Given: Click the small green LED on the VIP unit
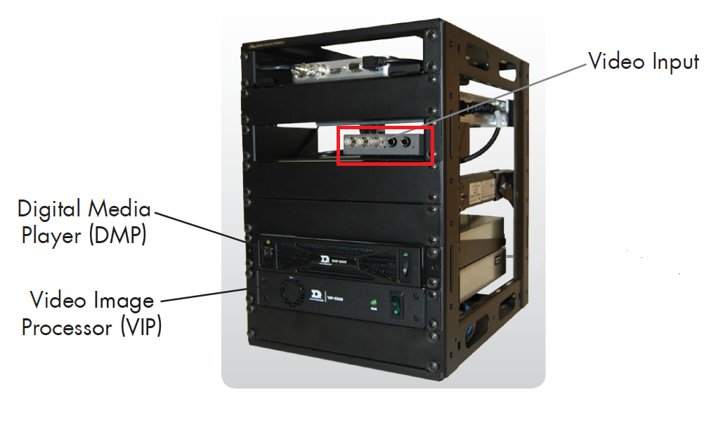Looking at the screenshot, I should [x=374, y=303].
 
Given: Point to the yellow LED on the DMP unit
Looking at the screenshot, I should [x=267, y=241].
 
